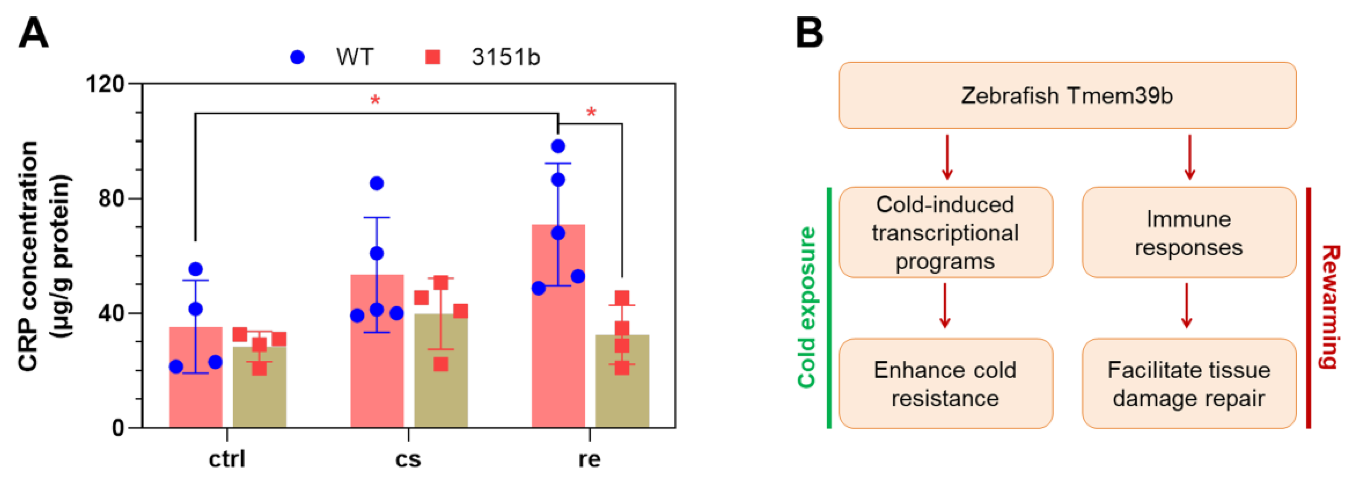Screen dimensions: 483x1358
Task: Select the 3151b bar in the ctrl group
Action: coord(259,396)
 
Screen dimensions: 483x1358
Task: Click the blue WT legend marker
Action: coord(297,57)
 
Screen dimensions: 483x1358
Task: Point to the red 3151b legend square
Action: coord(433,57)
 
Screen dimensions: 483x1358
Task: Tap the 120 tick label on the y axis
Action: coord(105,83)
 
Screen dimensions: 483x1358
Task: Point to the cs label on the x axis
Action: coord(408,459)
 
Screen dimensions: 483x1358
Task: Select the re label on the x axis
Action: coord(589,459)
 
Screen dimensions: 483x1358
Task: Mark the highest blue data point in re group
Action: coord(558,146)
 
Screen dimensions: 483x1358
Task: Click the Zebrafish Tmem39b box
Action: coord(1067,95)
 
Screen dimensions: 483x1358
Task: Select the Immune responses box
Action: coord(1189,233)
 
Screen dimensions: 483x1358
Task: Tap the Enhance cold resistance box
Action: coord(945,383)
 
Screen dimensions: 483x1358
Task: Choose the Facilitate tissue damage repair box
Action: coord(1189,383)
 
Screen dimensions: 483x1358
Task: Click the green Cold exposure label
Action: coord(807,307)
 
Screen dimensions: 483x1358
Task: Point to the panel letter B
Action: coord(809,33)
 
